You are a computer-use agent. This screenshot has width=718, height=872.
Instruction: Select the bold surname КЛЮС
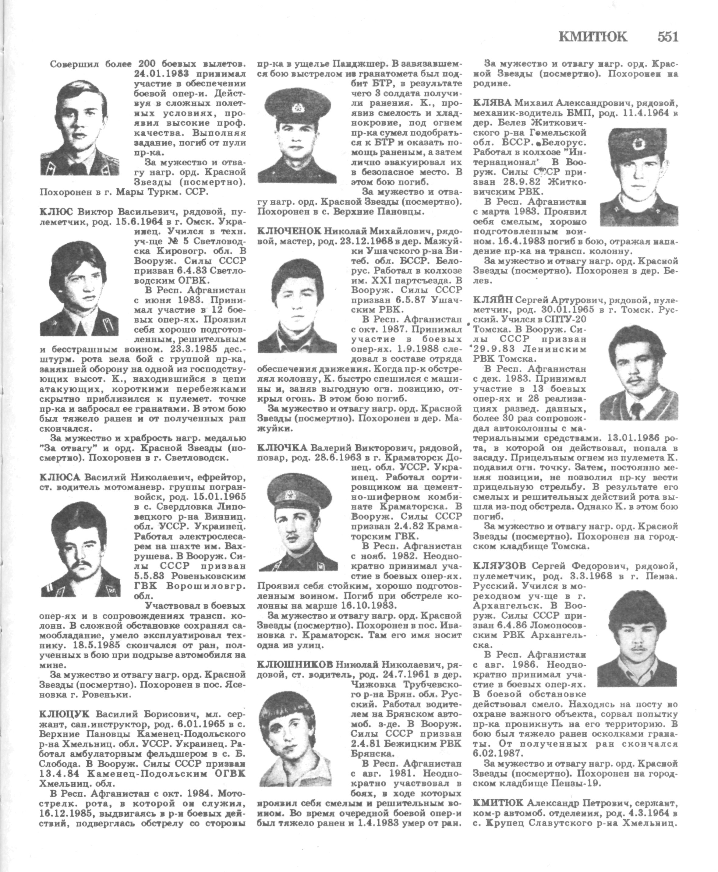(x=56, y=213)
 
